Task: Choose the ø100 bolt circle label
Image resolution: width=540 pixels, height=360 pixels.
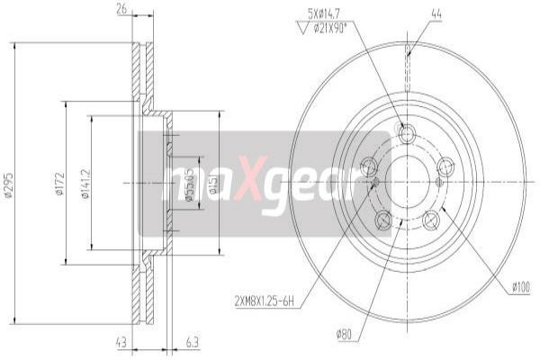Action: coord(520,288)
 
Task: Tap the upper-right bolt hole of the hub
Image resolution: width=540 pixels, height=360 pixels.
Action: coord(445,166)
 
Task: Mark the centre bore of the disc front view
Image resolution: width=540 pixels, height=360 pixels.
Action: coord(407,181)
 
